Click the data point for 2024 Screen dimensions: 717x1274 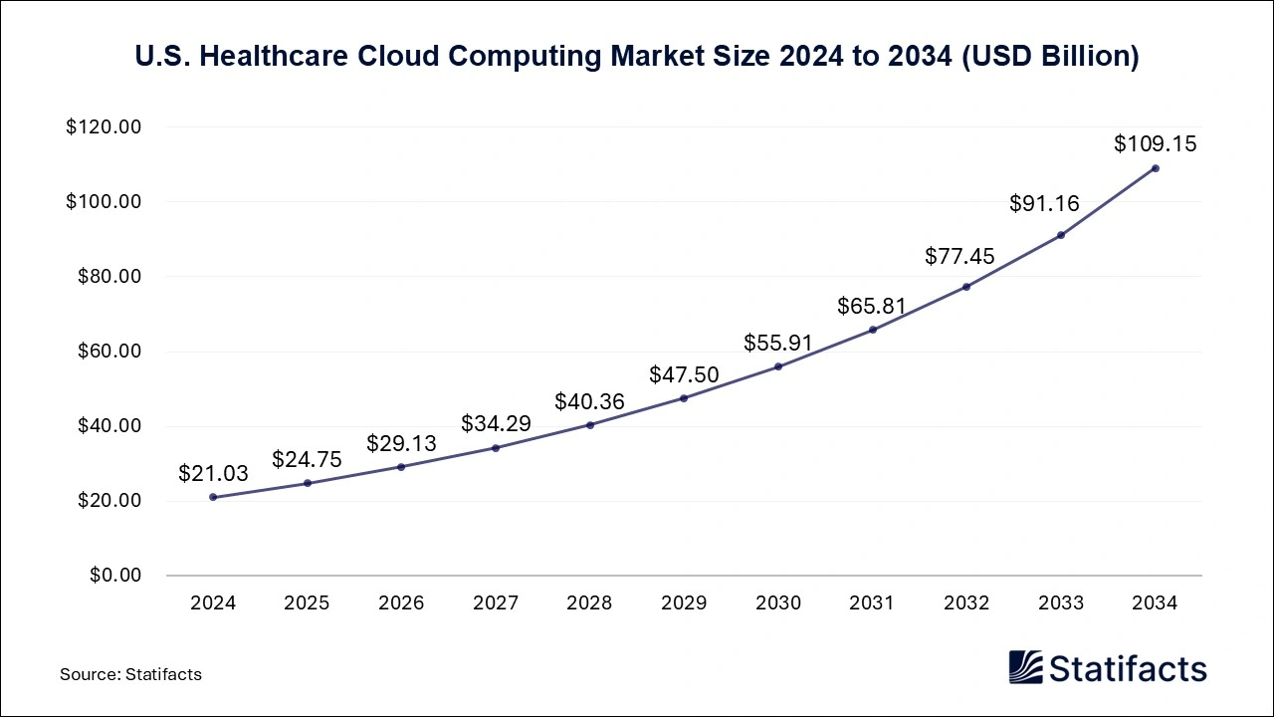click(x=213, y=497)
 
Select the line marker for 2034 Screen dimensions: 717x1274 click(x=1155, y=168)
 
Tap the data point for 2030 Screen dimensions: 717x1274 click(x=778, y=366)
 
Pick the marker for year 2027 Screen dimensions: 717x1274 click(x=496, y=447)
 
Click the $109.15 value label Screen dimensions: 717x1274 click(x=1155, y=143)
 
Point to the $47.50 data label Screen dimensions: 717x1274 click(x=684, y=374)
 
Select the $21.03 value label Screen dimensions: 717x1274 click(x=213, y=473)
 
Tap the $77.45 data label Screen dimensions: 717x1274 click(x=966, y=256)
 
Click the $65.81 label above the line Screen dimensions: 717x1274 click(x=872, y=306)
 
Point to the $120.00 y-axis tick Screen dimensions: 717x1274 click(x=104, y=127)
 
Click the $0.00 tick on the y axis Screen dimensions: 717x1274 click(x=116, y=576)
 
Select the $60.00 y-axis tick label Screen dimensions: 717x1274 click(x=108, y=352)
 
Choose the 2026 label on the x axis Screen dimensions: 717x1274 click(x=401, y=603)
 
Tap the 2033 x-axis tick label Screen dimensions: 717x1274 click(x=1061, y=603)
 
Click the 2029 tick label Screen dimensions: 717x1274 click(x=684, y=603)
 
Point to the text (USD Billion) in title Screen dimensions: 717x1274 click(x=1054, y=57)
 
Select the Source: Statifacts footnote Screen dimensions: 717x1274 click(x=130, y=674)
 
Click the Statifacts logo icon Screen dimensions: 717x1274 click(x=1025, y=667)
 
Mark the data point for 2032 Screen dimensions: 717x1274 click(x=966, y=287)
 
